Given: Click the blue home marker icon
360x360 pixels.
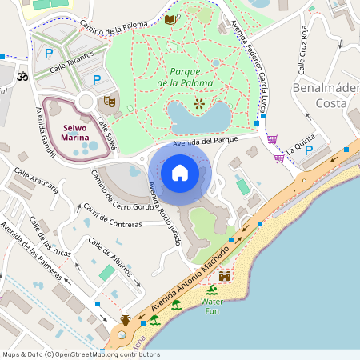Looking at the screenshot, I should tap(180, 173).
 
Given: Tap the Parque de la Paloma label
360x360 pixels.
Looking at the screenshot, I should tap(185, 77).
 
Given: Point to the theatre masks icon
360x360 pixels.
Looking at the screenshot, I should tap(110, 102).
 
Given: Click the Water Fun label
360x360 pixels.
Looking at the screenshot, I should tap(212, 306).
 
